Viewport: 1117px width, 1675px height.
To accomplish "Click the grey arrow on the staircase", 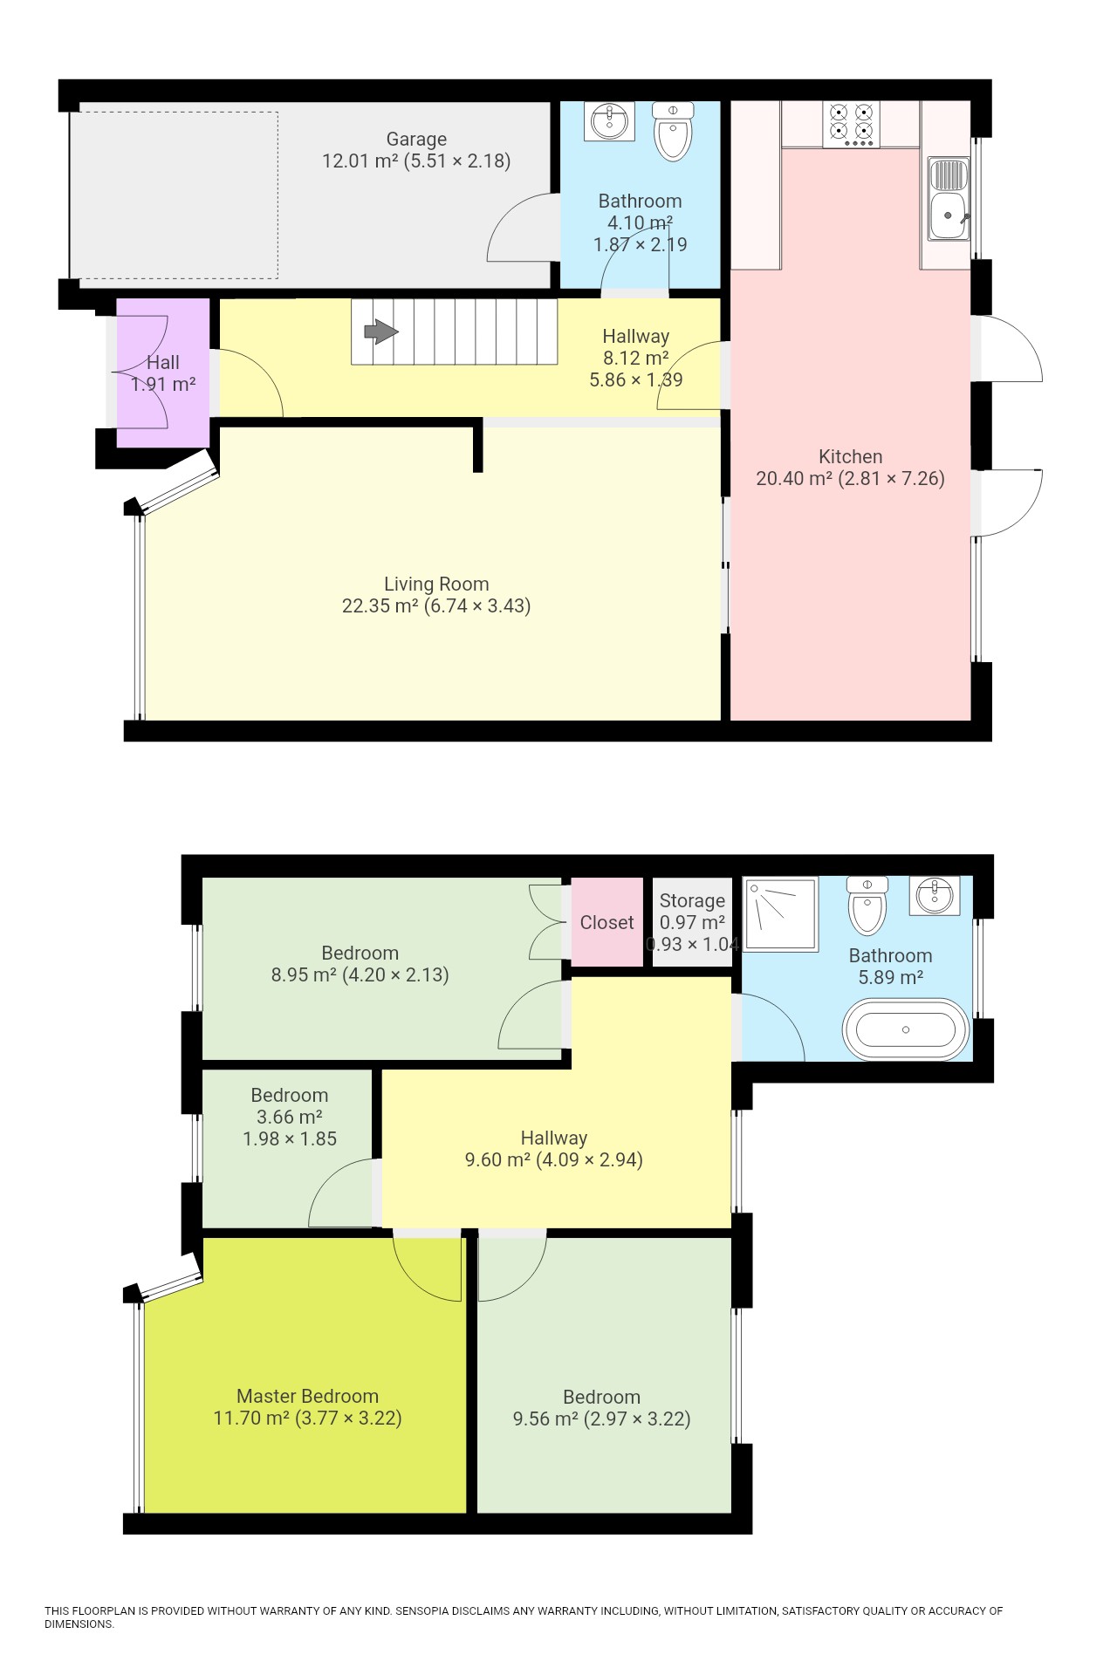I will click(380, 332).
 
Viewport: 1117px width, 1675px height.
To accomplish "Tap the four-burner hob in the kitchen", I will click(851, 124).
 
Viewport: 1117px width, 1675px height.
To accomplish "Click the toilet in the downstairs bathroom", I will click(673, 132).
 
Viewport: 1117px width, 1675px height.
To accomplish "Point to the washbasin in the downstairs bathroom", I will click(612, 121).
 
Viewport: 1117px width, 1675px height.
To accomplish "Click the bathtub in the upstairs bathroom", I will click(906, 1030).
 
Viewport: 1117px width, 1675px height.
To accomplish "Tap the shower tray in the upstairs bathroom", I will click(781, 913).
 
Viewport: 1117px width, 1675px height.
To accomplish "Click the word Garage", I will click(416, 139).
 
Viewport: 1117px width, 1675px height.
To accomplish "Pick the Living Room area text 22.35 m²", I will click(380, 605).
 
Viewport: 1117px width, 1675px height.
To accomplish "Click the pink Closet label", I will click(606, 922).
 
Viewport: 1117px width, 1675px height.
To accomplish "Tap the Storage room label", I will click(692, 900).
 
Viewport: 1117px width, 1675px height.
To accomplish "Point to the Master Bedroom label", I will click(307, 1396).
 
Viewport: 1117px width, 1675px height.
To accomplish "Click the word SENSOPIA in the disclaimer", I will click(421, 1611).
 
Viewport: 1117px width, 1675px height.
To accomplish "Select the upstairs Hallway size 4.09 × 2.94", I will click(589, 1159).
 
